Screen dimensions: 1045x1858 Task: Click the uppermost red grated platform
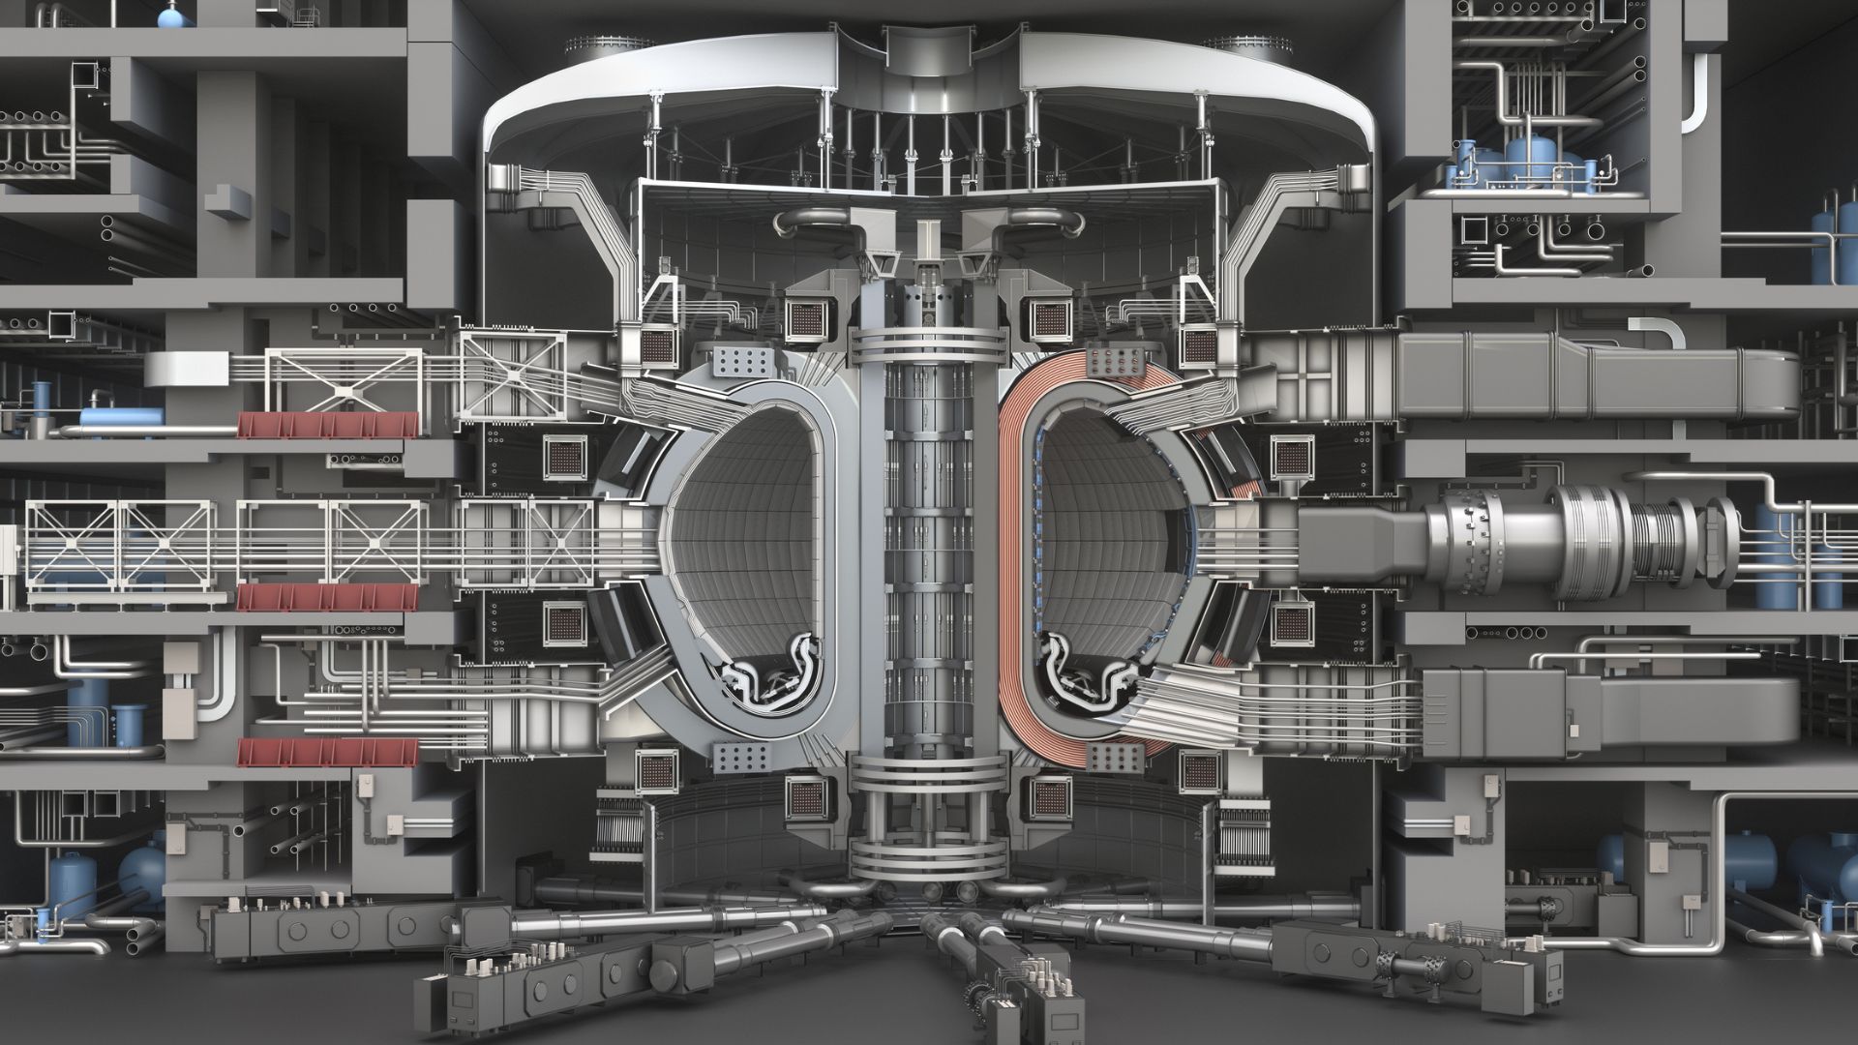coord(329,425)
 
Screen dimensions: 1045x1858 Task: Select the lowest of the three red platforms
coord(329,752)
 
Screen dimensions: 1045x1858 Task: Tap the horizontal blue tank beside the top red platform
coord(120,417)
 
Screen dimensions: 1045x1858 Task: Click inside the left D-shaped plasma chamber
coord(745,532)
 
